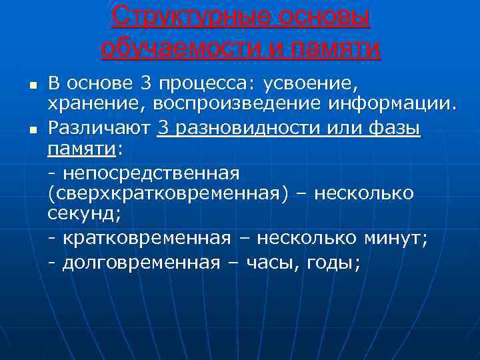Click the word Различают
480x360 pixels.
point(99,127)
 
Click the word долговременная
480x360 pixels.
point(141,262)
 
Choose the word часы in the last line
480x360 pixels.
point(267,262)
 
